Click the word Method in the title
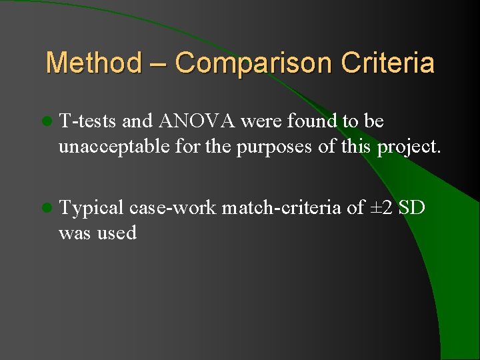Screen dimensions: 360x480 pos(93,63)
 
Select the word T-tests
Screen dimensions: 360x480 pos(87,121)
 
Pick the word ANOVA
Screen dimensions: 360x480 pos(196,121)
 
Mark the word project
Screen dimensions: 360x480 pos(409,147)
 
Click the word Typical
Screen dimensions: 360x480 pos(91,209)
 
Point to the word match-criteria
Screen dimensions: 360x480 pos(281,209)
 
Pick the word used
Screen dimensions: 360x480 pos(117,233)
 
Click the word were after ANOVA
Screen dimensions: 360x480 pos(261,121)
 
